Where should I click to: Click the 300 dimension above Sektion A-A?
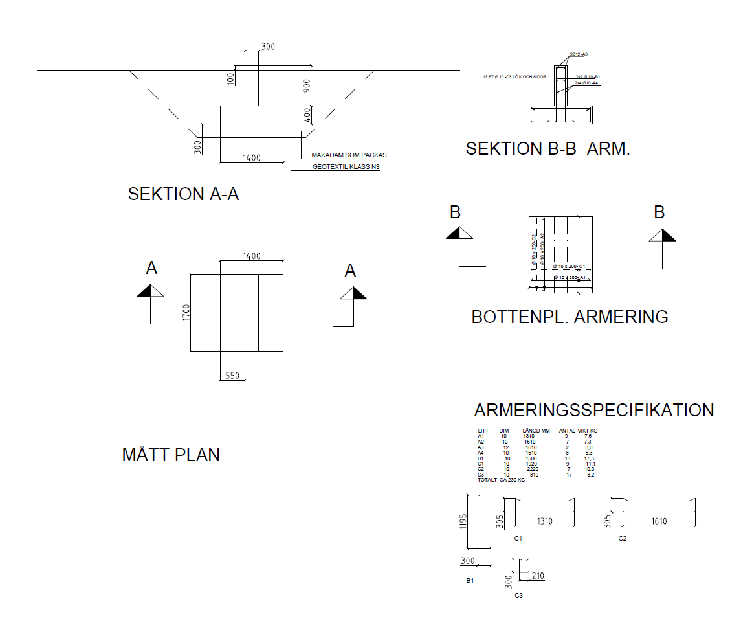pos(268,47)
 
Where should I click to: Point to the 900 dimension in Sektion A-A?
pos(306,86)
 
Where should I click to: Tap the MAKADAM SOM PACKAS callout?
pos(349,155)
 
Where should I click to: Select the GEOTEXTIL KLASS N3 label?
pos(346,166)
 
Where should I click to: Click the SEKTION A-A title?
pos(183,194)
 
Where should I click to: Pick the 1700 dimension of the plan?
pos(186,313)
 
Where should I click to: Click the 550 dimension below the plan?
pos(232,375)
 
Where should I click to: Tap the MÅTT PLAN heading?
pos(171,455)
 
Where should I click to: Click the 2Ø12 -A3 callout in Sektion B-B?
pos(579,55)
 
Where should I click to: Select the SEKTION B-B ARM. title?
pos(547,149)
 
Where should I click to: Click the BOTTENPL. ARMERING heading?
pos(570,317)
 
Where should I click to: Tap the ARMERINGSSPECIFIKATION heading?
pos(593,410)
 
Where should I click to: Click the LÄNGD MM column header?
pos(535,431)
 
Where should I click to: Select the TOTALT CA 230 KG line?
pos(501,480)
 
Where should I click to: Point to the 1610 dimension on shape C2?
pos(659,521)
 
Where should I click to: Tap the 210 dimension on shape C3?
pos(537,576)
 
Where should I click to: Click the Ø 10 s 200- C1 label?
pos(569,267)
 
